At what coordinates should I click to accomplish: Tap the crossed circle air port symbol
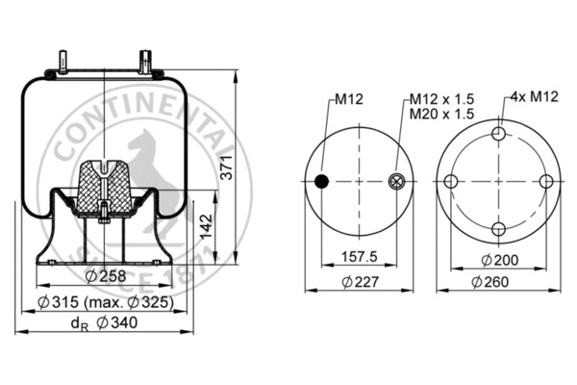coord(397,182)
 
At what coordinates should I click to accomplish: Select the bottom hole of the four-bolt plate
coord(498,228)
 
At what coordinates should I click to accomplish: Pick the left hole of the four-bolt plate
coord(452,182)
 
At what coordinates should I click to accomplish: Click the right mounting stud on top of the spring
coord(147,60)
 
